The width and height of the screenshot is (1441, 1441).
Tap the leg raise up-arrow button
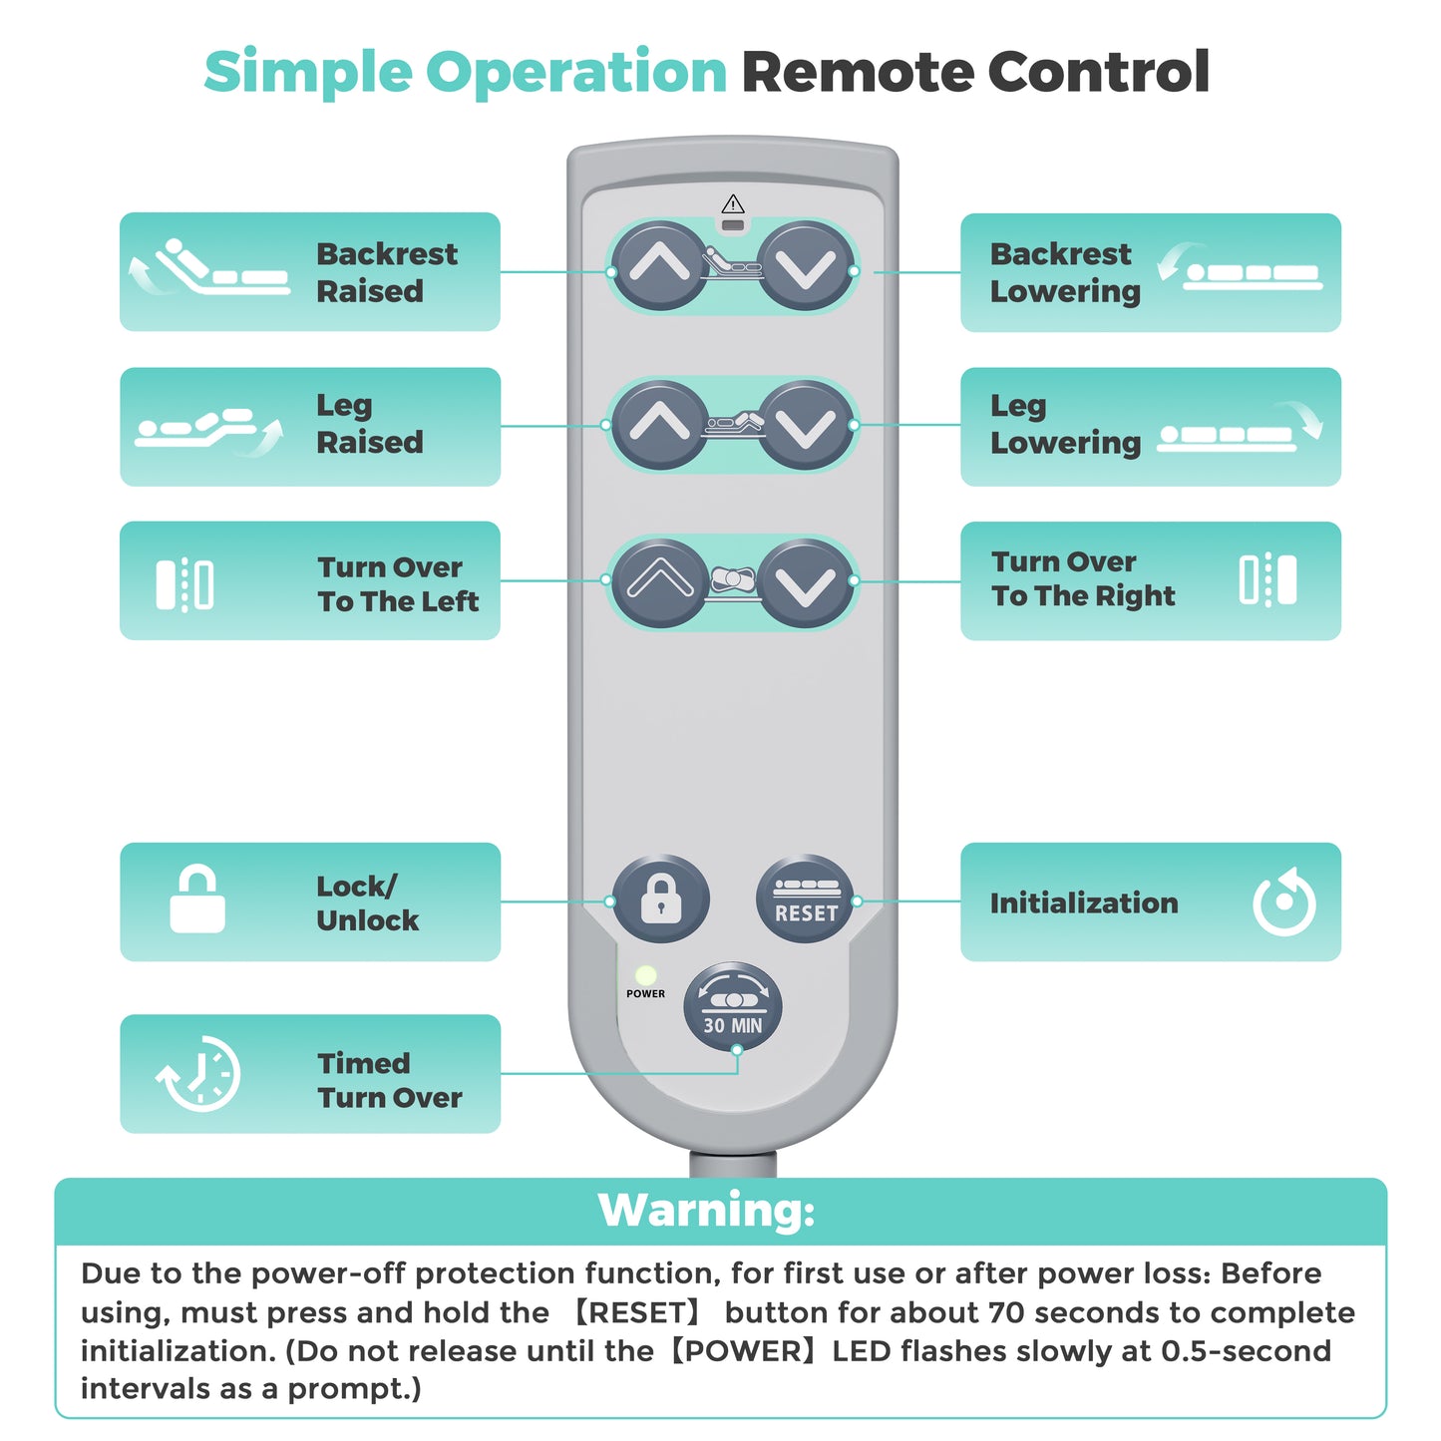(659, 425)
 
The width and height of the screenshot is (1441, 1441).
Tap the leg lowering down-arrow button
(806, 425)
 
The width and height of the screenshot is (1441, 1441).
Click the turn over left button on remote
(659, 581)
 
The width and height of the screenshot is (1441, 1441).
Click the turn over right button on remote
(806, 581)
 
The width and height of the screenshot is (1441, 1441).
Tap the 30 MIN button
(733, 1006)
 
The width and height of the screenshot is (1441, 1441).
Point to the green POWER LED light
(645, 975)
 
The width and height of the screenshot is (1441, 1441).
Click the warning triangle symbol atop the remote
(733, 203)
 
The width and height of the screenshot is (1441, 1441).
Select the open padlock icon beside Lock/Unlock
(197, 899)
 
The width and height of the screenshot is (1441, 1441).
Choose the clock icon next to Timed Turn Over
(198, 1074)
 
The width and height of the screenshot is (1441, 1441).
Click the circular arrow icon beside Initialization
(1284, 901)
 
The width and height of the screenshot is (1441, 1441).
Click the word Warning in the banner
(706, 1210)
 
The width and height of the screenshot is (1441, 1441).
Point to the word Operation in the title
(576, 73)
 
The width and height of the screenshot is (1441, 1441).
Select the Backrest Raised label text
(387, 272)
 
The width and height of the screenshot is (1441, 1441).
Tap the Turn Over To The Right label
(1083, 578)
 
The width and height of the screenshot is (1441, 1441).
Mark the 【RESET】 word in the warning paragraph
(637, 1312)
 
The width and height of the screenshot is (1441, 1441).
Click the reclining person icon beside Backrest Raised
(209, 267)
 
